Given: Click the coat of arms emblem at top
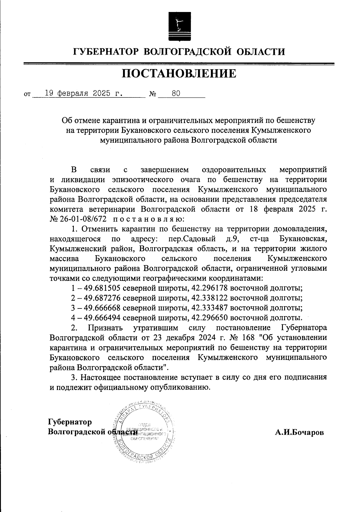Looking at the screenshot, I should click(x=179, y=27).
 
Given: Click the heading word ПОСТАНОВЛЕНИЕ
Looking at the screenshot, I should click(x=179, y=73).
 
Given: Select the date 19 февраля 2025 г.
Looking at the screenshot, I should click(x=84, y=93).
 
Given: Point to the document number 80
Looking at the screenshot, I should click(x=176, y=93).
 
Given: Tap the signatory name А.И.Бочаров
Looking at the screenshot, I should click(x=299, y=433).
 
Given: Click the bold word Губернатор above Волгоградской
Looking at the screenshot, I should click(x=70, y=422).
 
